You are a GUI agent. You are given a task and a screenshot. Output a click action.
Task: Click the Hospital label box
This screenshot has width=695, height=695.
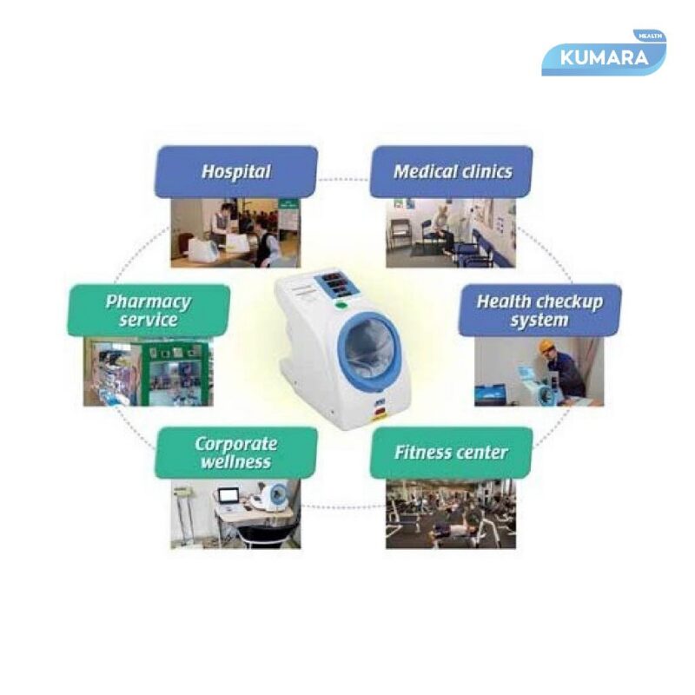(x=235, y=171)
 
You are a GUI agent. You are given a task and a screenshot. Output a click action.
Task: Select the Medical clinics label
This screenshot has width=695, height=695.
(x=451, y=171)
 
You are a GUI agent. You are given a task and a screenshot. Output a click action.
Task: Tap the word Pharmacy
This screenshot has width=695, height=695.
(x=148, y=301)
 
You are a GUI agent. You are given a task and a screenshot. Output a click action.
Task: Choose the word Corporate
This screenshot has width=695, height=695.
(x=235, y=443)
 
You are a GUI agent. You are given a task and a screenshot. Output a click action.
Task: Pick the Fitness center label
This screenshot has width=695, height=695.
(x=451, y=453)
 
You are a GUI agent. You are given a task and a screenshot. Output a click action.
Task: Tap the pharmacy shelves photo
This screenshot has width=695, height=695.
(x=147, y=372)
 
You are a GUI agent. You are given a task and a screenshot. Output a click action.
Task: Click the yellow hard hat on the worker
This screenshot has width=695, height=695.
(x=546, y=346)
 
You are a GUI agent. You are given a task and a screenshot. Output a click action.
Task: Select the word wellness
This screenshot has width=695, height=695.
(x=235, y=462)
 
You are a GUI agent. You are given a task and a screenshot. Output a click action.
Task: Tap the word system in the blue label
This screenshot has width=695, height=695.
(x=539, y=321)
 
